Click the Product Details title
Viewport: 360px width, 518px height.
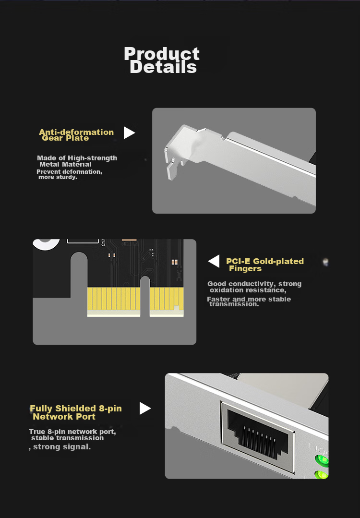tap(161, 60)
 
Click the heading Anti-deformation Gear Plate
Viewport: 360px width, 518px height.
tap(76, 135)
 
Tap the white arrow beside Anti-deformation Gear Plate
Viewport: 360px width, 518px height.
tap(129, 133)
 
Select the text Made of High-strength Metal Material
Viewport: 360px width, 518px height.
tap(77, 161)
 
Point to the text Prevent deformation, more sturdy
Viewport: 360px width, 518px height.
tap(69, 174)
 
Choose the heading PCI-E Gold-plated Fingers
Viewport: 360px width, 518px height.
tap(265, 265)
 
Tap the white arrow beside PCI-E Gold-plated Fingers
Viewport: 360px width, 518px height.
tap(214, 261)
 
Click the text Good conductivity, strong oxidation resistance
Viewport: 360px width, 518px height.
tap(254, 287)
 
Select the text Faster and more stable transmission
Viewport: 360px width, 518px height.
tap(249, 301)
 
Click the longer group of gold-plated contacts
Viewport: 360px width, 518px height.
tap(114, 299)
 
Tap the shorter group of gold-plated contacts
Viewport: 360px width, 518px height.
tap(167, 299)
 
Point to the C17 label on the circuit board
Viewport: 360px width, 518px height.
tap(103, 242)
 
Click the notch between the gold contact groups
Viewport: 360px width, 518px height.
tap(145, 296)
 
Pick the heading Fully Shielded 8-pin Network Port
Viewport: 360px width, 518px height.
tap(76, 412)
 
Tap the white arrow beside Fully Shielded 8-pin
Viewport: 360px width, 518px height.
tap(144, 409)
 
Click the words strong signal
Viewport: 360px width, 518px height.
tap(62, 446)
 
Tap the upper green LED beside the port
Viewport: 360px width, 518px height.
tap(322, 460)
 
